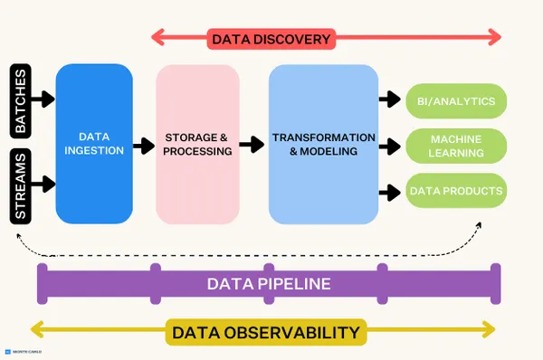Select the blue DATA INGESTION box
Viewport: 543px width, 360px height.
coord(94,144)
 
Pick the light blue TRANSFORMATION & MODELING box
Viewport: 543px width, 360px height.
coord(323,144)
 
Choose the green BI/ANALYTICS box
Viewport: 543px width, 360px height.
coord(455,100)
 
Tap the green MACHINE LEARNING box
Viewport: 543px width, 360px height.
coord(455,146)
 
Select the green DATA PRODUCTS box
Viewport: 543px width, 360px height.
coord(455,191)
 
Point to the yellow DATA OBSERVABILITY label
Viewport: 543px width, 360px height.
coord(266,332)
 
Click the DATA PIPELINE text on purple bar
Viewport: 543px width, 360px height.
coord(269,284)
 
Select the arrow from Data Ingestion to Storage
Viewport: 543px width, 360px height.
coord(143,145)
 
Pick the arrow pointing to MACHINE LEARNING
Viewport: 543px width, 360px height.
coord(390,146)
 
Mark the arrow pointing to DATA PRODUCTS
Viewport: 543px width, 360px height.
coord(390,191)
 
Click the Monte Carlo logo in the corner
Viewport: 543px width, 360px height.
coord(23,351)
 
